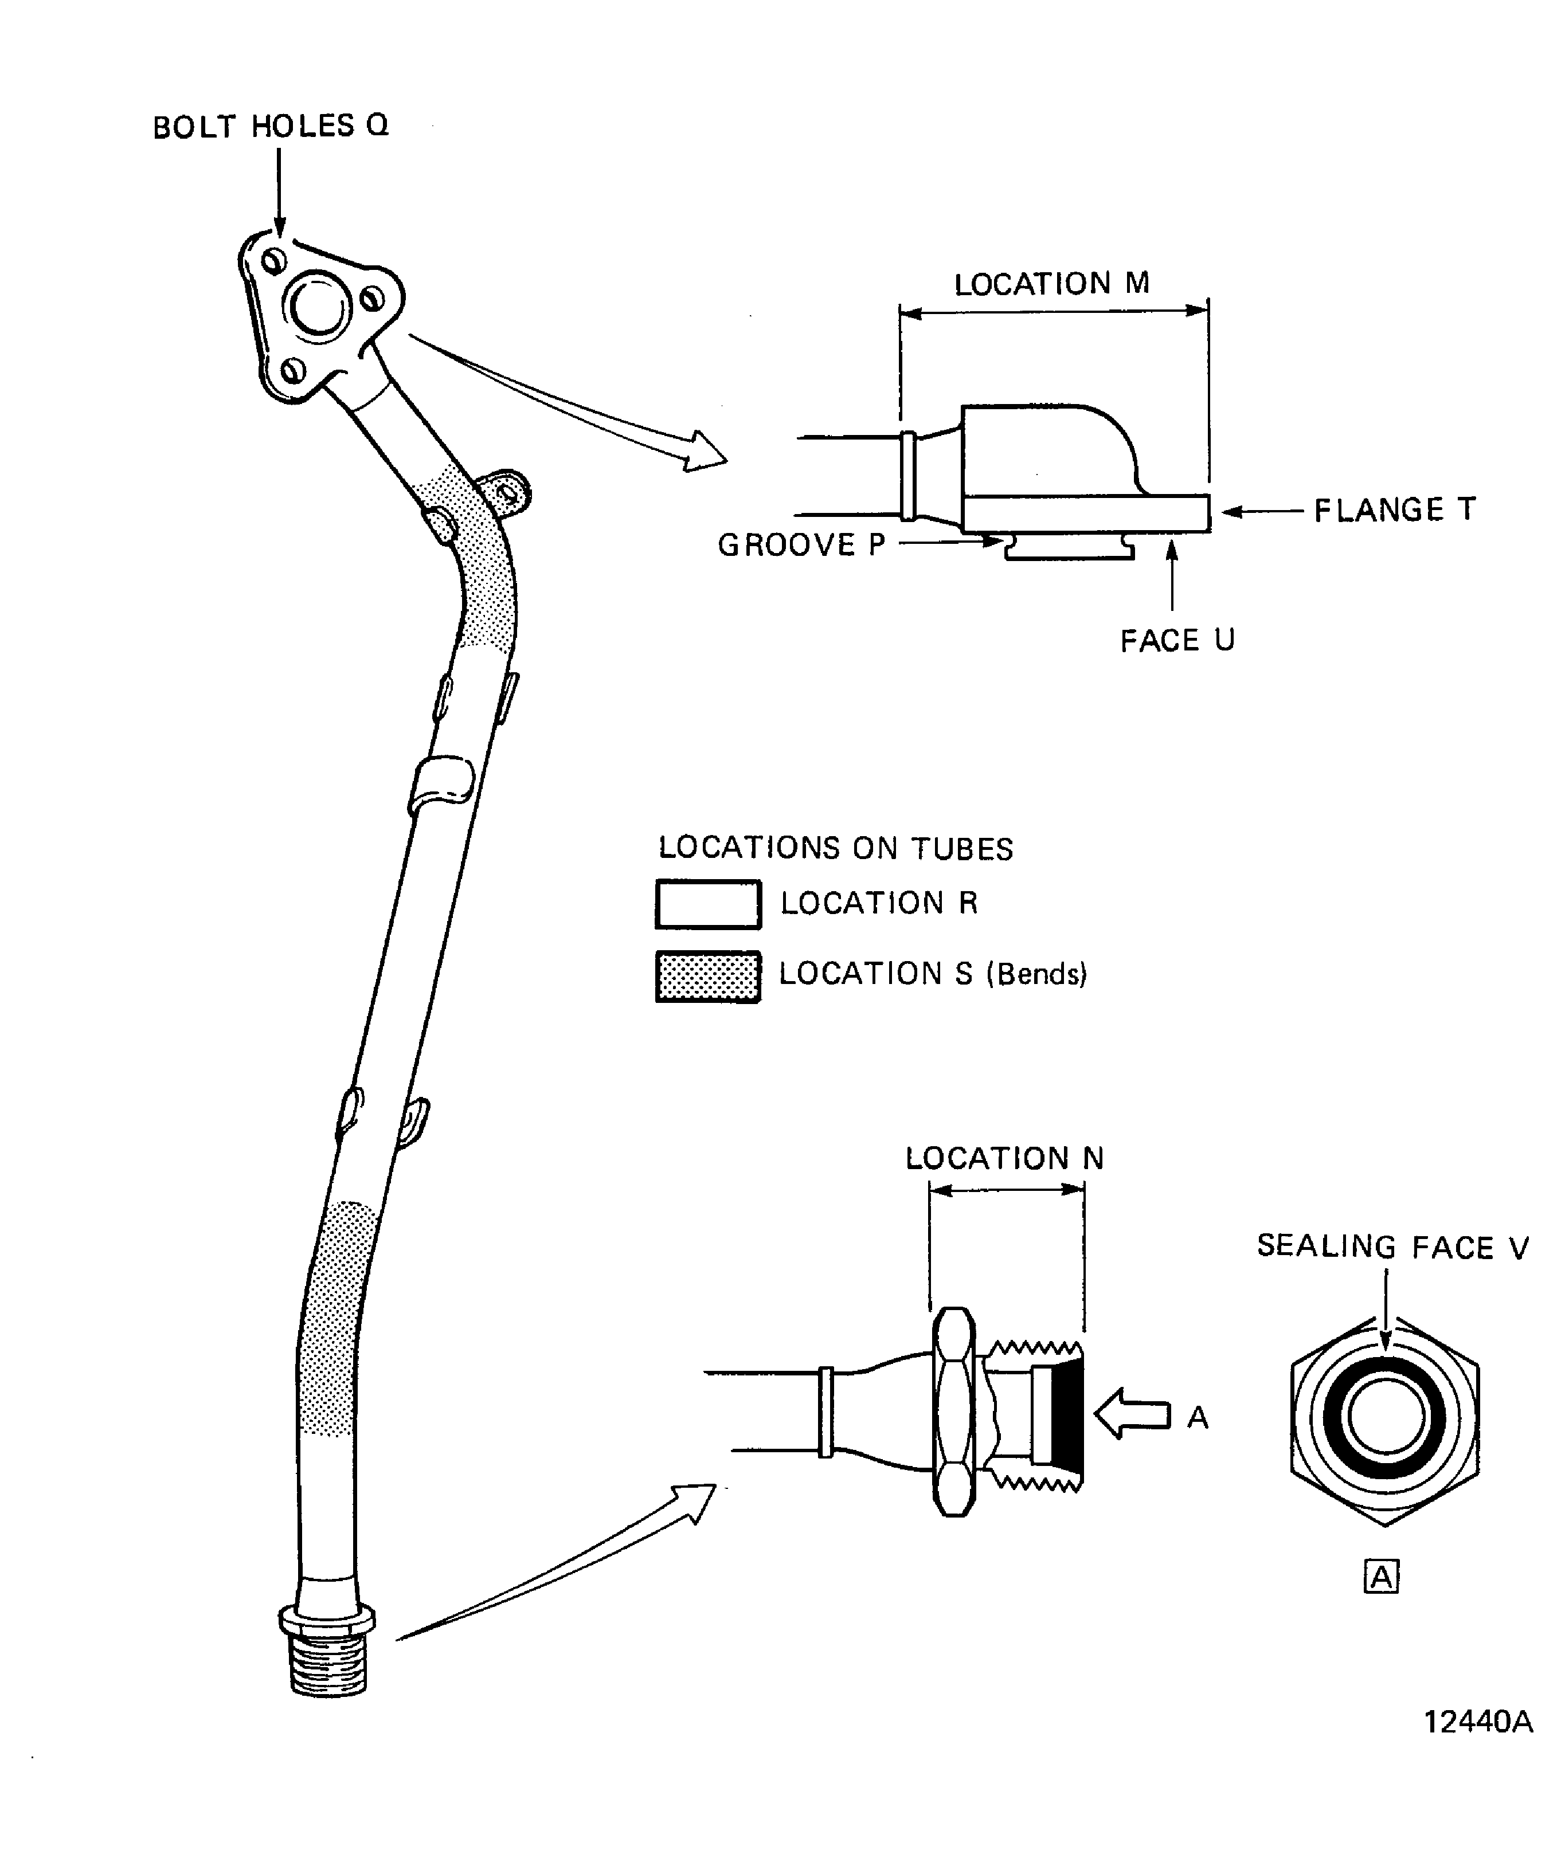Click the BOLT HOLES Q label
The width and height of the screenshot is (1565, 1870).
point(270,127)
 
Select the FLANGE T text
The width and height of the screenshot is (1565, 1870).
point(1395,510)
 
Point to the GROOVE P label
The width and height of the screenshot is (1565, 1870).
point(801,545)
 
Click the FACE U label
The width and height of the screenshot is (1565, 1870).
point(1177,640)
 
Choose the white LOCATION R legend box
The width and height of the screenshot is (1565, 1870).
point(708,904)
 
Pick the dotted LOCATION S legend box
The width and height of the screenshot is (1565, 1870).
point(708,977)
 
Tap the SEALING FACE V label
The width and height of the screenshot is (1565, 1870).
point(1392,1246)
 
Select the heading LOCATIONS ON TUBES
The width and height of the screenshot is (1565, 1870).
point(835,849)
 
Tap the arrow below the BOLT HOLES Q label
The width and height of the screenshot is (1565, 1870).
point(279,191)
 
